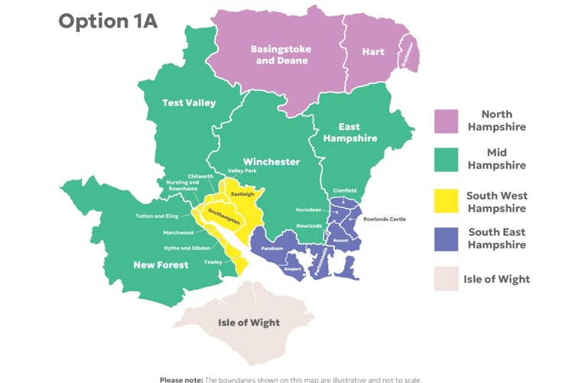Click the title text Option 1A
tap(108, 21)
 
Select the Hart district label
tap(373, 52)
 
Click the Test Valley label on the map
tap(188, 102)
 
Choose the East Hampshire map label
tap(350, 133)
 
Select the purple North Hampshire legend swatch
tap(447, 121)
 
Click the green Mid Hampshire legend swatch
tap(447, 159)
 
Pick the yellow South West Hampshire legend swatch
tap(447, 202)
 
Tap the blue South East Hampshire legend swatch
tap(447, 239)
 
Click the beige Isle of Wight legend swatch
tap(447, 279)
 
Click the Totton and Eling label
tap(157, 216)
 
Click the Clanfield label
tap(344, 190)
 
